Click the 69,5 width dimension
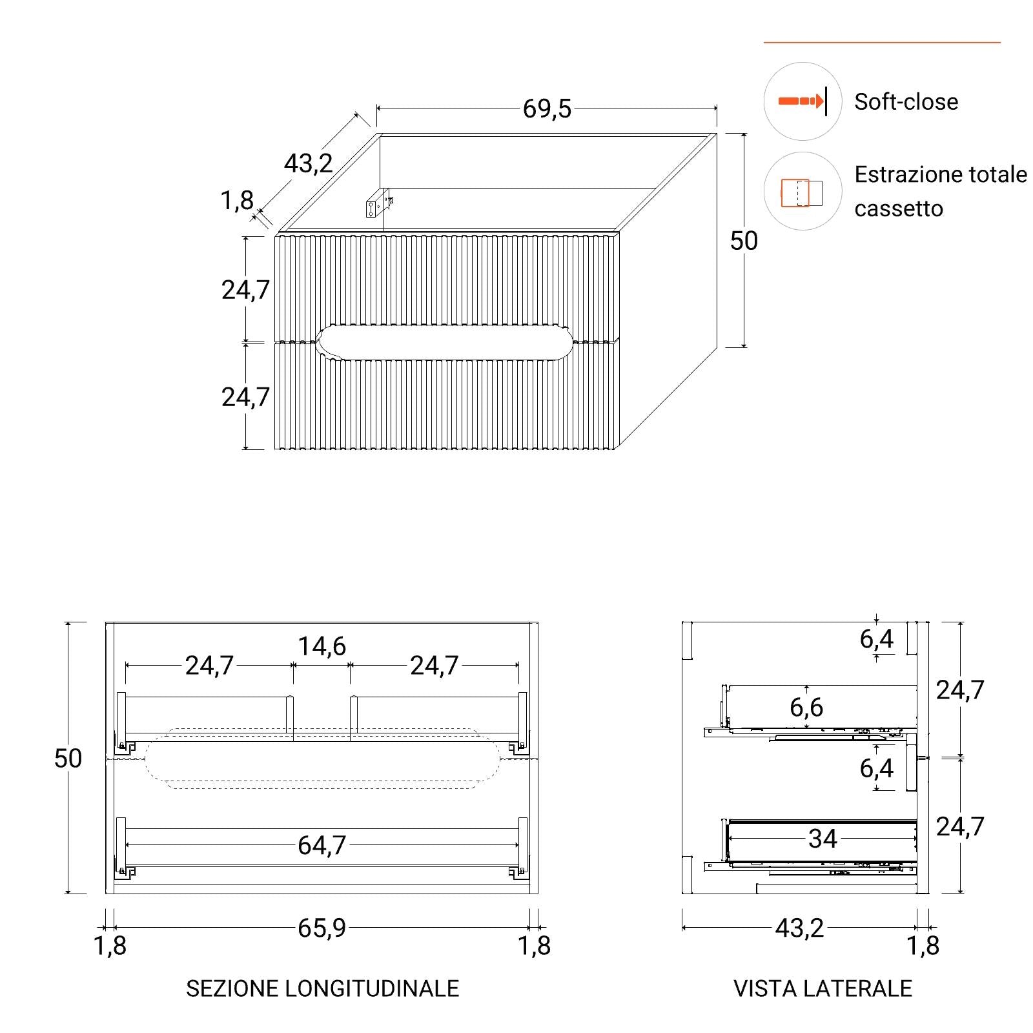coord(547,108)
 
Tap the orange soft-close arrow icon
coord(803,101)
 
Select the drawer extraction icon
coord(802,192)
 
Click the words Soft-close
coord(906,101)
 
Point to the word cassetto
coord(899,209)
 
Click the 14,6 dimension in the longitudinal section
coord(322,646)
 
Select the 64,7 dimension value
coord(322,845)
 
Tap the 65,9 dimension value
coord(322,928)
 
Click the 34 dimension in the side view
coord(823,839)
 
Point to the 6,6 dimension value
coord(806,708)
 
